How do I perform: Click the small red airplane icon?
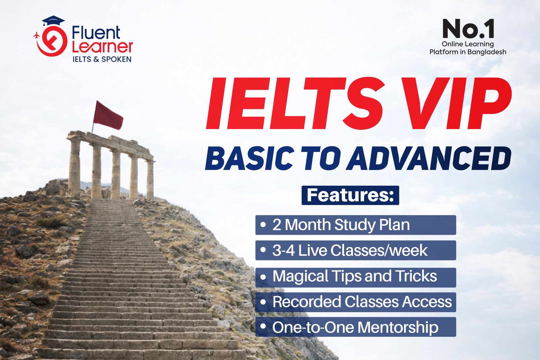tap(36, 35)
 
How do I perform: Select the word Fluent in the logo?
tap(96, 33)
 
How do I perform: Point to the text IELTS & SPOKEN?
tap(102, 59)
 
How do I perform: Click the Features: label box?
tap(350, 195)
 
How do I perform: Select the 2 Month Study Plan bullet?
tap(355, 225)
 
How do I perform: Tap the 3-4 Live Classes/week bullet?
tap(355, 250)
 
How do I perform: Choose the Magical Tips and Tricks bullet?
tap(355, 277)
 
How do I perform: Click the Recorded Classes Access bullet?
tap(355, 302)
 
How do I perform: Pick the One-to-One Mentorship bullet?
tap(355, 327)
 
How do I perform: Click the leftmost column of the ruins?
tap(74, 167)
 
